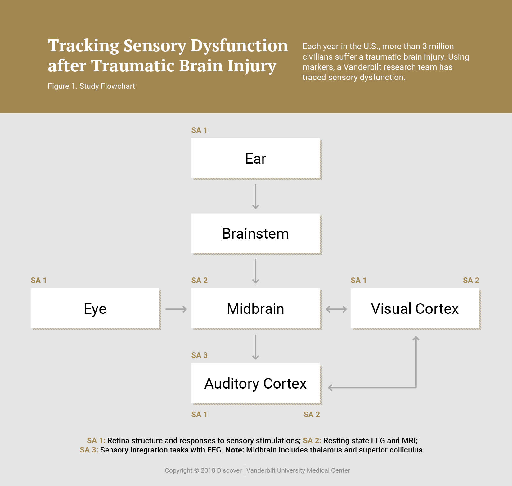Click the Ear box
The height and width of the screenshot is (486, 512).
255,158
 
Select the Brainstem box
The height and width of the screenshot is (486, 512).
255,233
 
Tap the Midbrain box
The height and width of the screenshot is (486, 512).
255,308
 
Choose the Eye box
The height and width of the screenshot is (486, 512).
95,308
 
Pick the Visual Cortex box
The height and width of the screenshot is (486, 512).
415,308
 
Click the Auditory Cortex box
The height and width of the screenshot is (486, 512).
255,384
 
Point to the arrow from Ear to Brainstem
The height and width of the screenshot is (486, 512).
255,196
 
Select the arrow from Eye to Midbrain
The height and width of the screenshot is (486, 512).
176,309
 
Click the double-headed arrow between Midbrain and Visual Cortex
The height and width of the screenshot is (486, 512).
336,309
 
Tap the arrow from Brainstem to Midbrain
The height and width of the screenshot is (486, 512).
255,271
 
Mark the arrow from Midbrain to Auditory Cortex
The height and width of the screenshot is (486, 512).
255,347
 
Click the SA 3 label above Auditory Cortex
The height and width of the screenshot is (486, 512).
199,355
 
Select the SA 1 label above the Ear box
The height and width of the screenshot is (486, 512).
199,130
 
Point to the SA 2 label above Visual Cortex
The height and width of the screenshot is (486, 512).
471,280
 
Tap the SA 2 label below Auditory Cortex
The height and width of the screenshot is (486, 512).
312,414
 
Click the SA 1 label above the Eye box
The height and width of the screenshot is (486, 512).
38,280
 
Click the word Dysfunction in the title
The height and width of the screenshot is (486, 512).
239,46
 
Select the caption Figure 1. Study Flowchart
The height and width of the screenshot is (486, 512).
91,86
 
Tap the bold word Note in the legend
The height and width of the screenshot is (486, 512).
234,450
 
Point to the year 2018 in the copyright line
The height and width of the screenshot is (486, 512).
208,470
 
